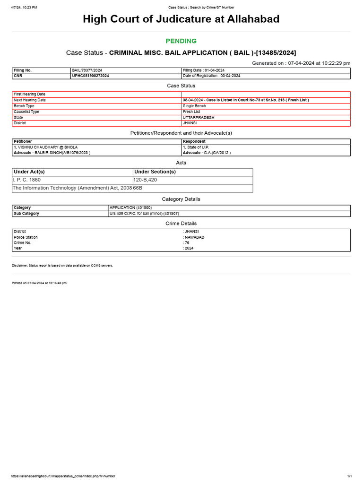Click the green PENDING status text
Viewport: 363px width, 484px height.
point(181,41)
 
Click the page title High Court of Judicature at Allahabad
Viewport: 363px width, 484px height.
point(181,19)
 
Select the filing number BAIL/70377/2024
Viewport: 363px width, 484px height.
point(86,70)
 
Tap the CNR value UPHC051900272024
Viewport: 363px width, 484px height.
point(90,76)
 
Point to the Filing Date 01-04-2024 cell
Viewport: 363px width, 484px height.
point(204,70)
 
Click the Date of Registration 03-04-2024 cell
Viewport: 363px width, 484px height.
point(211,76)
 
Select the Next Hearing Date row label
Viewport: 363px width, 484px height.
point(30,100)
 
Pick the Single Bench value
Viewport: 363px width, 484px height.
point(194,106)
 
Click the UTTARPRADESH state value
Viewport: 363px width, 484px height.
point(199,117)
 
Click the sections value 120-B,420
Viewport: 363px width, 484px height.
point(146,180)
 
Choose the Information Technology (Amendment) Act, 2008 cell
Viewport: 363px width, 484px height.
point(72,188)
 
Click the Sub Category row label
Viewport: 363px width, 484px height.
point(26,214)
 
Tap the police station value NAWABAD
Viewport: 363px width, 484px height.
point(195,237)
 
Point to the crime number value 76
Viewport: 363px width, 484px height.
point(187,243)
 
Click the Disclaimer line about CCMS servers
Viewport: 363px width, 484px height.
point(62,266)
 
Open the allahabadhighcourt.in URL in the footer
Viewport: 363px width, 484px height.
point(63,476)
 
